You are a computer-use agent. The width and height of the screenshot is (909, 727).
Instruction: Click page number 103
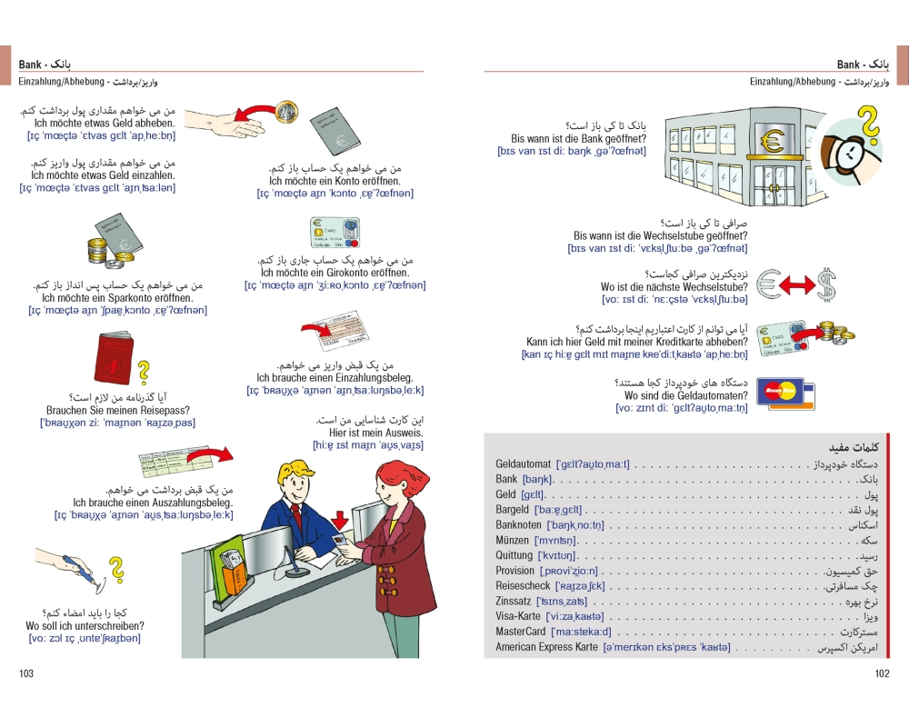(x=25, y=673)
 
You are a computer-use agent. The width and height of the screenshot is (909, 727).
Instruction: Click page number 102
(x=881, y=673)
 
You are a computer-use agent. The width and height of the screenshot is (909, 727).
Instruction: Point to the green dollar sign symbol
(x=826, y=284)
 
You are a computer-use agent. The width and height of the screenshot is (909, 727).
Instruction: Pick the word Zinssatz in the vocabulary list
(x=514, y=602)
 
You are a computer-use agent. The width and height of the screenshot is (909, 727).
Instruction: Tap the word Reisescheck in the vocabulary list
(x=523, y=586)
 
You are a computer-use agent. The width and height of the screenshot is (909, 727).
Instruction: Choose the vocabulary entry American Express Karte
(x=546, y=647)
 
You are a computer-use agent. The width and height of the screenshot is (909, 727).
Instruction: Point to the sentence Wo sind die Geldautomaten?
(x=686, y=396)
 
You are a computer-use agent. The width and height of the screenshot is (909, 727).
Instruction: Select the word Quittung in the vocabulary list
(x=514, y=555)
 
